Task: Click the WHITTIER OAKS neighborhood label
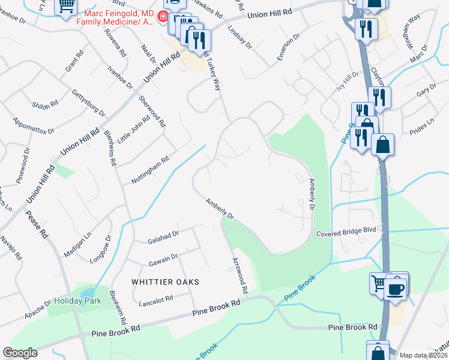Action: (x=162, y=281)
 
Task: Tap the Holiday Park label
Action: (x=78, y=301)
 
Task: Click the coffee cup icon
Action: (x=395, y=289)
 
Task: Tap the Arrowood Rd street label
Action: (x=240, y=275)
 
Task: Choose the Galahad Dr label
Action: (x=163, y=238)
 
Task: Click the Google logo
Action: (x=20, y=353)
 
